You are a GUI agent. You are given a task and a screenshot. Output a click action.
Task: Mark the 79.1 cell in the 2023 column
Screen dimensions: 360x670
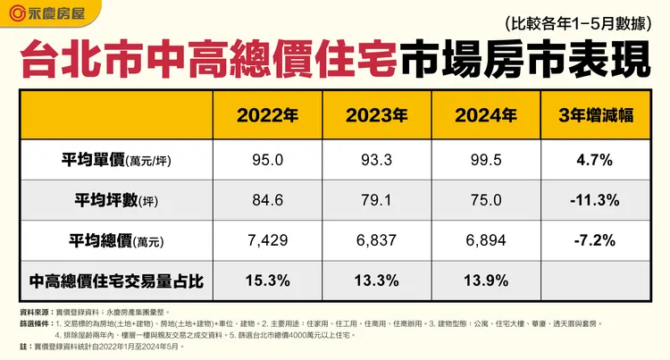point(376,200)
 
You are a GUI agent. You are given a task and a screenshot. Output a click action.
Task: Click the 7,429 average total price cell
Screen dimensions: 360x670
point(267,241)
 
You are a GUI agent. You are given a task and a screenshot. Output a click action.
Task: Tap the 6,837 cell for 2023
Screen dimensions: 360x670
point(376,241)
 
